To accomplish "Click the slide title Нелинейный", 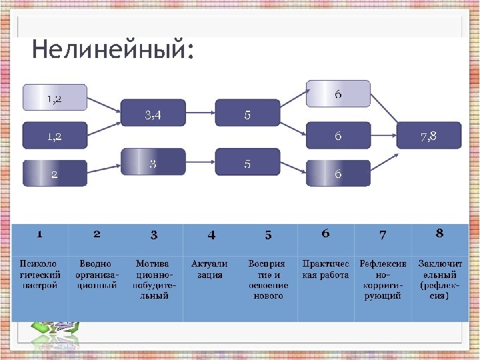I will [113, 50].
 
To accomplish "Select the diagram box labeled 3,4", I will [153, 113].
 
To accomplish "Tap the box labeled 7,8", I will [429, 135].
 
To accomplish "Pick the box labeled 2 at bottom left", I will [55, 173].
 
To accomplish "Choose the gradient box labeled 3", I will [153, 162].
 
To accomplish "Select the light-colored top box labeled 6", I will [338, 94].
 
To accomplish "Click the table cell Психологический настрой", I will [39, 275].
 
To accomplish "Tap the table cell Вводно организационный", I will [97, 275].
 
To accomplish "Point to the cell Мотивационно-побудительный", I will [153, 279].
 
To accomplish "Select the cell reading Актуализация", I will [210, 269].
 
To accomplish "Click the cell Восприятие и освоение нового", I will [268, 279].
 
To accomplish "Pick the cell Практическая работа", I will [325, 269].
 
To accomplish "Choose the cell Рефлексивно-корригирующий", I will [383, 279].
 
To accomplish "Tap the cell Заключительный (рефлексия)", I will [439, 279].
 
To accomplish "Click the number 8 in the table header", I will [439, 233].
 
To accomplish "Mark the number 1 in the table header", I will [39, 234].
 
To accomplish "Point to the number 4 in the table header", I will [211, 235].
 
